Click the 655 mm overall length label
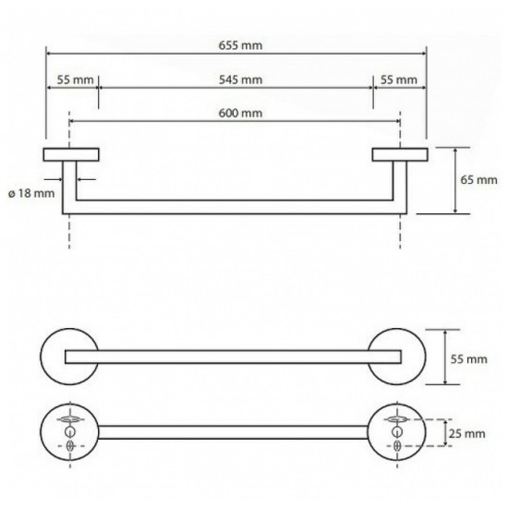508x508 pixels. [240, 45]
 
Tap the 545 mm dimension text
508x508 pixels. [240, 79]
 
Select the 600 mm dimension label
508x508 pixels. [240, 113]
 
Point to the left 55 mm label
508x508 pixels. [75, 79]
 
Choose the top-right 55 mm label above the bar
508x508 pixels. [398, 79]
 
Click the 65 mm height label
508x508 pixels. [478, 180]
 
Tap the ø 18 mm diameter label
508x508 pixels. [31, 193]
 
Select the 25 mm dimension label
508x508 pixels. [467, 433]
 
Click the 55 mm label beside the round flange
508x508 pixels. [469, 359]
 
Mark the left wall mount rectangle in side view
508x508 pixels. [71, 154]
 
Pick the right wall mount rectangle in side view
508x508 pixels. [400, 154]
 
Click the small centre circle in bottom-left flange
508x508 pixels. [69, 431]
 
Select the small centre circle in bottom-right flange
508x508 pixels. [397, 431]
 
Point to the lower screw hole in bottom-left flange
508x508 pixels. [70, 446]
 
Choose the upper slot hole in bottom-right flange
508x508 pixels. [397, 419]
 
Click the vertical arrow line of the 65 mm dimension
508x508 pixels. [455, 180]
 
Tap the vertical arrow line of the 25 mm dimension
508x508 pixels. [446, 432]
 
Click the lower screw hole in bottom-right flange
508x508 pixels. [397, 446]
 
